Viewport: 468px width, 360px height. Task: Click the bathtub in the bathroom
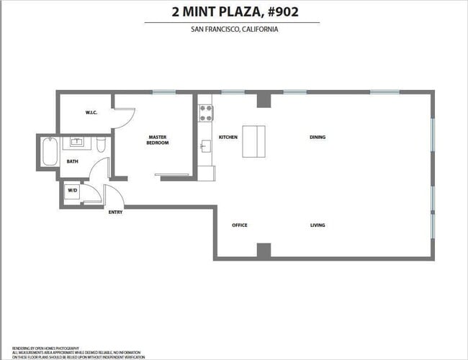[x=49, y=151]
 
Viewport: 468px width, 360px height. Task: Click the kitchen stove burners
[x=207, y=113]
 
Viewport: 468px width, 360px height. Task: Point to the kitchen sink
[x=204, y=147]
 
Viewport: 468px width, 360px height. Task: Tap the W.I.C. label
[x=91, y=112]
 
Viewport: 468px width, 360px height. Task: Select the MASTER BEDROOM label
[x=158, y=140]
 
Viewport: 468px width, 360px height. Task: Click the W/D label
[x=73, y=191]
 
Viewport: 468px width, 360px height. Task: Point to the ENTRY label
[x=115, y=212]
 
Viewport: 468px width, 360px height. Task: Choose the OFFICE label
[x=240, y=225]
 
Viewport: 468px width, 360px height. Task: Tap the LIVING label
[x=318, y=225]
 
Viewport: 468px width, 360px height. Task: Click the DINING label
[x=318, y=137]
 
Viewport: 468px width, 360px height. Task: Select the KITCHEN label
[x=228, y=137]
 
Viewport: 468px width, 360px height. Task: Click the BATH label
[x=73, y=161]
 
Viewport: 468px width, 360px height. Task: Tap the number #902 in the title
[x=276, y=12]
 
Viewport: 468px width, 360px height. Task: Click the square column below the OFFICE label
[x=264, y=251]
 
